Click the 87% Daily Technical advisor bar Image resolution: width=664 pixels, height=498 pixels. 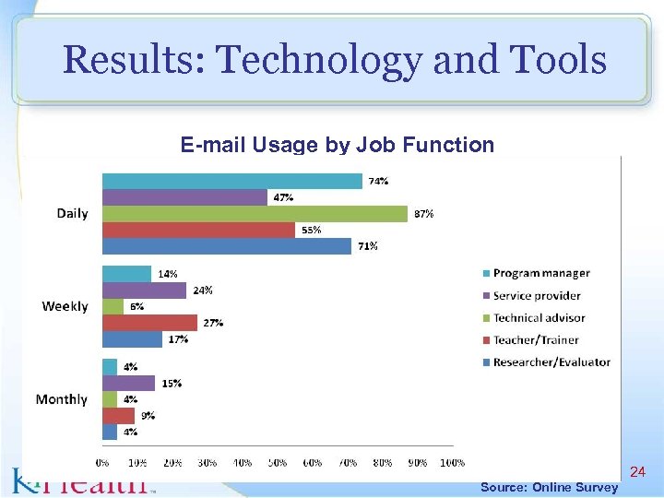coord(254,214)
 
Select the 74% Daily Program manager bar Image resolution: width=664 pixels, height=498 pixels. coord(231,181)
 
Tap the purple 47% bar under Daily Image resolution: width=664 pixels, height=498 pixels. coord(184,197)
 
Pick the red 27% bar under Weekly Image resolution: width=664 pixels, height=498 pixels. coord(148,323)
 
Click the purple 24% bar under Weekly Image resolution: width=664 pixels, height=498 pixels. coord(144,290)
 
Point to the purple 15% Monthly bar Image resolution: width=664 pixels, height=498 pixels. coord(128,383)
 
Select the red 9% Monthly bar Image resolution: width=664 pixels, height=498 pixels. coord(118,415)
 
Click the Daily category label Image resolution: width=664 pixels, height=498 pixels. coord(72,213)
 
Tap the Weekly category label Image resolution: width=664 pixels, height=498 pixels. coord(65,306)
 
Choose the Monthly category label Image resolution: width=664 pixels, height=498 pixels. coord(61,399)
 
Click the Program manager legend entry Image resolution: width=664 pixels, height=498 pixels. coord(540,273)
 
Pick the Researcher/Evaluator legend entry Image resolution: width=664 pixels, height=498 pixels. coord(551,362)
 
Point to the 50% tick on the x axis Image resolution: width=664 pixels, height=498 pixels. coord(278,461)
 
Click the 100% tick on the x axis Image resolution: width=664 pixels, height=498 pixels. coord(452,461)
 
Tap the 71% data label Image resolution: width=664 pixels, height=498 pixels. coord(367,246)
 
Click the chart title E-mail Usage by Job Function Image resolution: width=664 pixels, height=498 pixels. coord(337,145)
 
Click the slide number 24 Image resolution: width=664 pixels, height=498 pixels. coord(636,472)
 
